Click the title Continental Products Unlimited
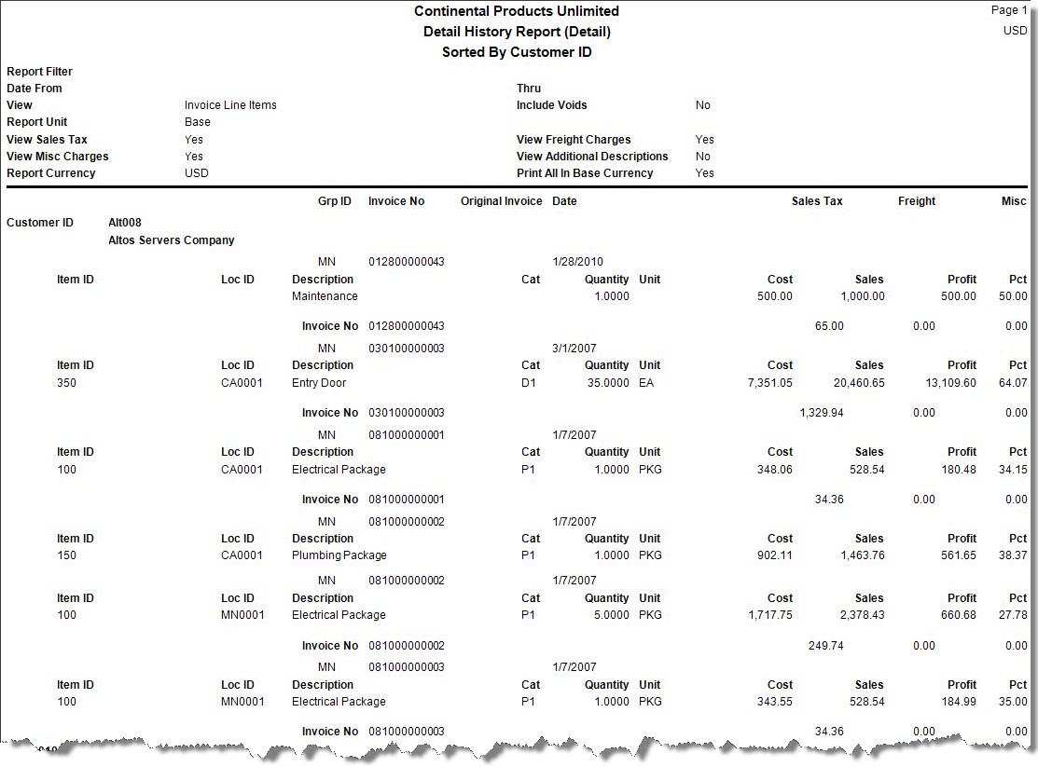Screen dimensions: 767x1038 coord(516,11)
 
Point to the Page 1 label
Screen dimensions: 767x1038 coord(1008,10)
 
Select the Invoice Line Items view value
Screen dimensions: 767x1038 coord(230,105)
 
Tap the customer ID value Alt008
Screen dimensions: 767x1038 coord(125,223)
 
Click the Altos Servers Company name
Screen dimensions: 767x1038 coord(172,240)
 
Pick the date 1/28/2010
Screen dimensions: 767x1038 coord(577,262)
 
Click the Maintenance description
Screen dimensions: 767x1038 coord(325,296)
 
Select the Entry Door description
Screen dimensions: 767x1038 coord(319,383)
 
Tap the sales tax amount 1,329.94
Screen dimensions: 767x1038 coord(821,413)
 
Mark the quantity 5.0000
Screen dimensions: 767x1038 coord(612,615)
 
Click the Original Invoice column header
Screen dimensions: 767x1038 coord(501,201)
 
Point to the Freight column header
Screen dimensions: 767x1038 coord(916,201)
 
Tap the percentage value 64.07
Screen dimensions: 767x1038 coord(1013,383)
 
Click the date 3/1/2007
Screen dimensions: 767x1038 coord(574,349)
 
